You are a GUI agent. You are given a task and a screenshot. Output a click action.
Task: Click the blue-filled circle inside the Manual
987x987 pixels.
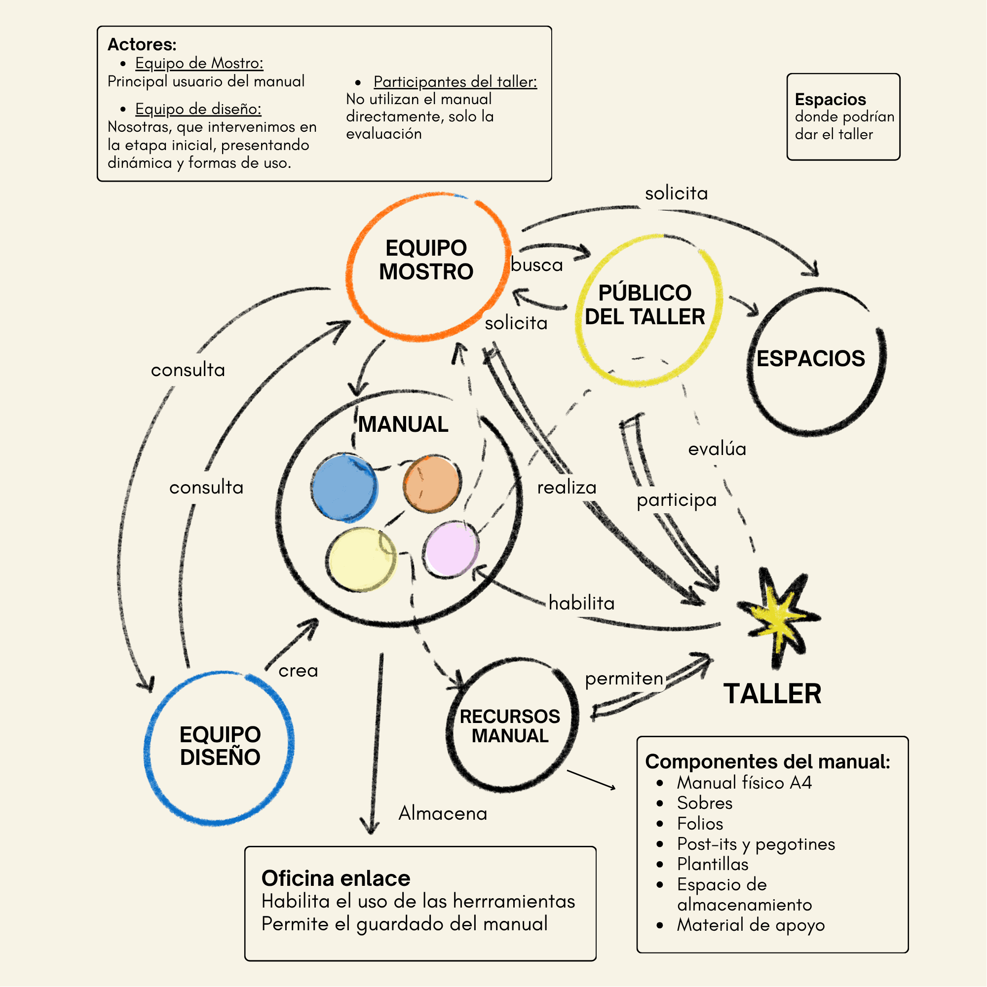click(345, 488)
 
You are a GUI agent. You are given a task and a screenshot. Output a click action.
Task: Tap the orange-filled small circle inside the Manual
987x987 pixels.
click(432, 483)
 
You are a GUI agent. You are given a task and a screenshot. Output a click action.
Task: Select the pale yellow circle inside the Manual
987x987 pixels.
click(361, 560)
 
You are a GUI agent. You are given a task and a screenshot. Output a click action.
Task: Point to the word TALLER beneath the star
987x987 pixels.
click(772, 694)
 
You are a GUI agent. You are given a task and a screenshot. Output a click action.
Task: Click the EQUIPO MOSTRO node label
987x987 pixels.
click(426, 260)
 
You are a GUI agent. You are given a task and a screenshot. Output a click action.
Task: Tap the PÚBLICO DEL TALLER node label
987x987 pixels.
click(645, 305)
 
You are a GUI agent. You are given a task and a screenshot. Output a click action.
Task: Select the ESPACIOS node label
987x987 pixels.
click(811, 359)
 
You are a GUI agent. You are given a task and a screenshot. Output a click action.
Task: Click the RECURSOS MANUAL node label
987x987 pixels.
click(510, 726)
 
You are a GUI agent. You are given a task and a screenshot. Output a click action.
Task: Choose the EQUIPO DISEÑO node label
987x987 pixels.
click(220, 746)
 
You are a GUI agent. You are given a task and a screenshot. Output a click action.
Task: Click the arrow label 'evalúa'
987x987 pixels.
click(717, 449)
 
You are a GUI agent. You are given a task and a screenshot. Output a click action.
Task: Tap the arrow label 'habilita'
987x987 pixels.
click(581, 604)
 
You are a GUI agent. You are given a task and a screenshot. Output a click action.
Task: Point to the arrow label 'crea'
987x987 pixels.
click(298, 671)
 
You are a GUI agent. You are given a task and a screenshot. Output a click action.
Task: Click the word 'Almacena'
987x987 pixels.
click(442, 813)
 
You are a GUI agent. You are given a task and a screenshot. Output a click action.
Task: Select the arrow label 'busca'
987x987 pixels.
click(536, 265)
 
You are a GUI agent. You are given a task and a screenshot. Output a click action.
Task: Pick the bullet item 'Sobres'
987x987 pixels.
click(705, 803)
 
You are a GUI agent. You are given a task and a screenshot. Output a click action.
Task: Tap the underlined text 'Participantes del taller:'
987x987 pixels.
click(455, 82)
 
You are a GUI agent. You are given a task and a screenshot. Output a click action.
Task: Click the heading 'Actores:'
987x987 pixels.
click(142, 44)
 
